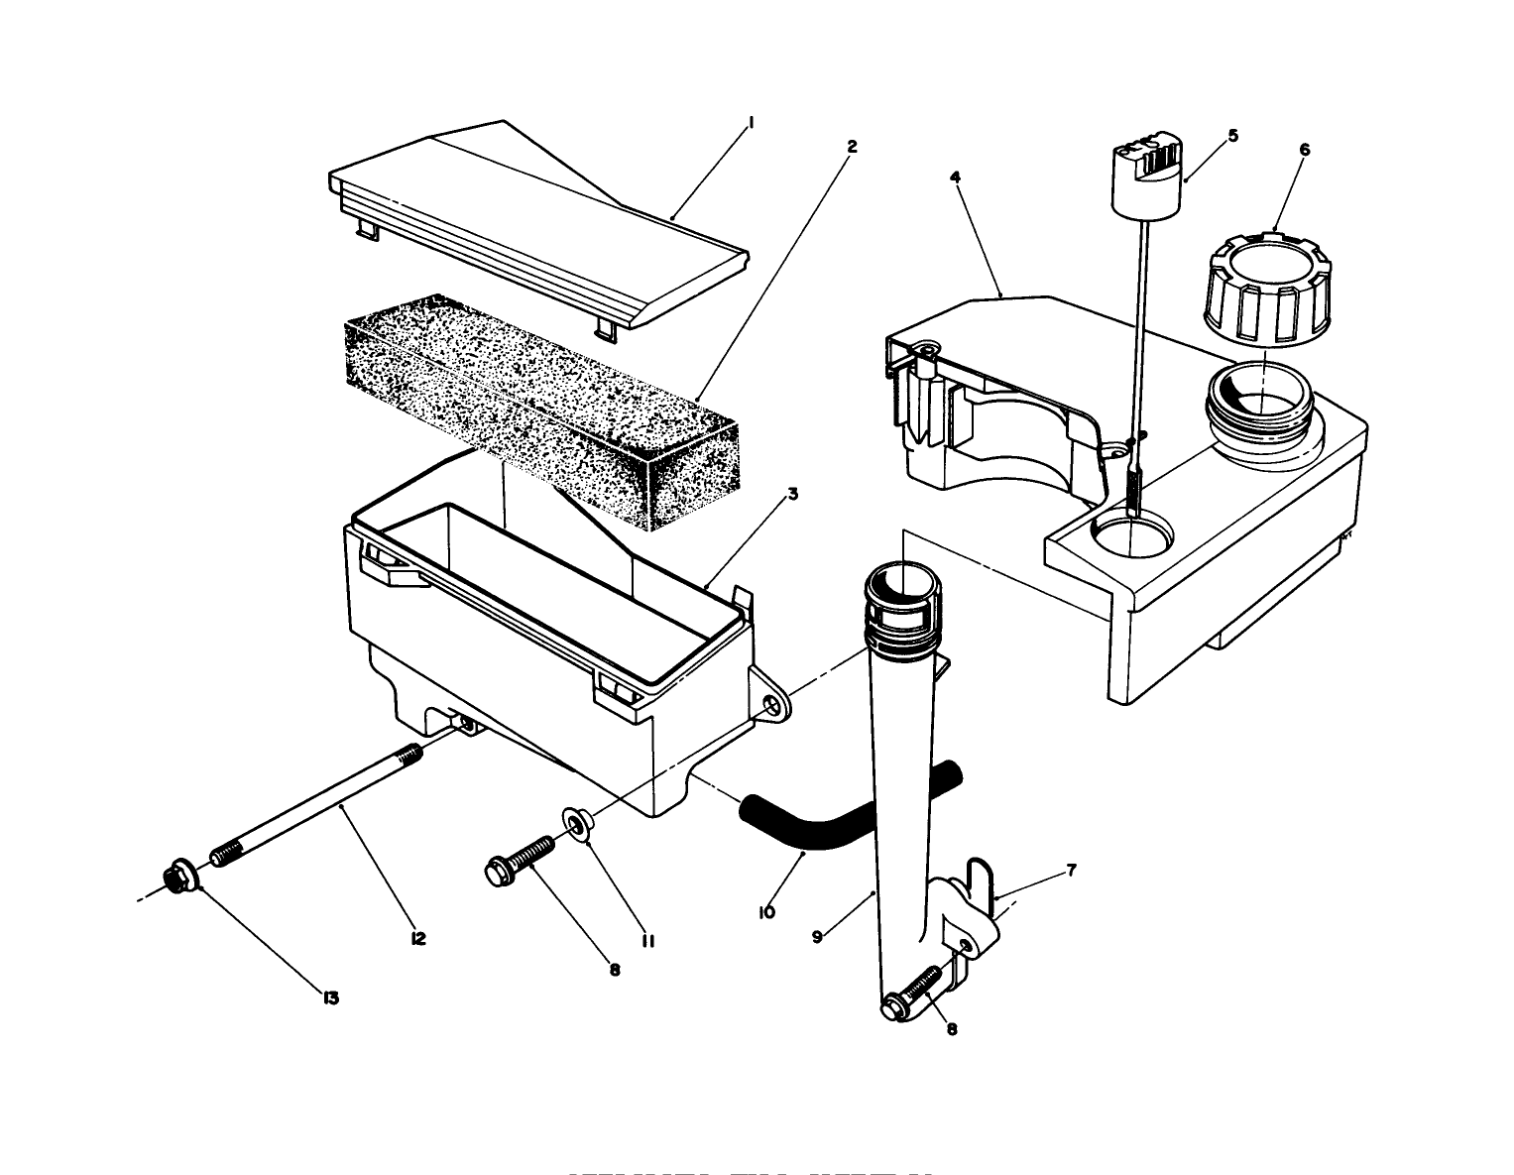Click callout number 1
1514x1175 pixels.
[752, 123]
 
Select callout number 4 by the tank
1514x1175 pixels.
[954, 177]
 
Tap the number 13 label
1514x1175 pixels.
[331, 998]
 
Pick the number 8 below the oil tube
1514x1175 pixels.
[952, 1029]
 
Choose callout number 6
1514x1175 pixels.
[1304, 150]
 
